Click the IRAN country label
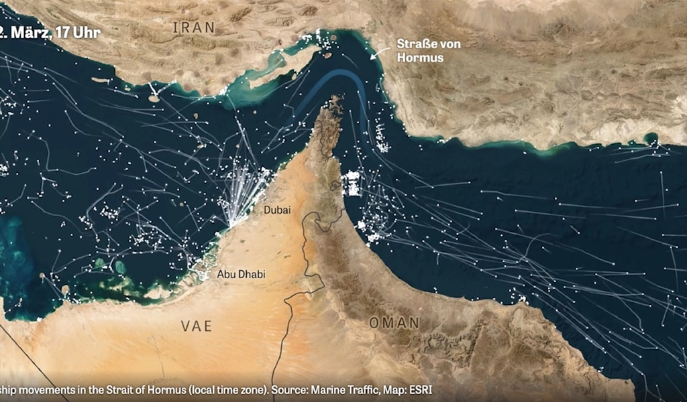[x=194, y=27]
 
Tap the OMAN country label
[x=394, y=323]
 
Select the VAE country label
[x=196, y=326]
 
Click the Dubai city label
[x=277, y=210]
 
